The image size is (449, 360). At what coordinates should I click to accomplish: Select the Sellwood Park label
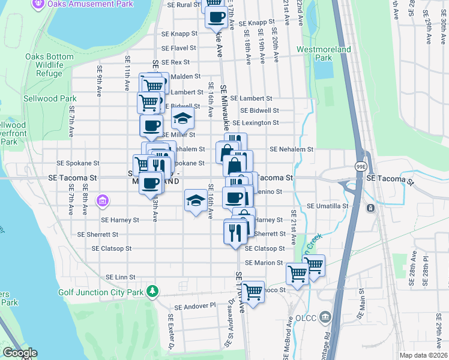coord(50,98)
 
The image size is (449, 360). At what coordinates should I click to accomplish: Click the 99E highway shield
coord(361,166)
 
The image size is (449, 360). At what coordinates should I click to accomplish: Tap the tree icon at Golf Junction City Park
coord(154,291)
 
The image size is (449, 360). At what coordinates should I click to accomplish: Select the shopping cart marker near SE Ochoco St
coord(253,292)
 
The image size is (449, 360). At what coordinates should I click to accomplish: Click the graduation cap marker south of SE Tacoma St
coord(195,200)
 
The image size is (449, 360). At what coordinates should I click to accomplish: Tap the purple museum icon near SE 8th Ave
coord(102,199)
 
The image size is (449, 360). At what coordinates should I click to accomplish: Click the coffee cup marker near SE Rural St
coord(216,16)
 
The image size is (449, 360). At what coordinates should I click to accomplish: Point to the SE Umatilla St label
coord(328,206)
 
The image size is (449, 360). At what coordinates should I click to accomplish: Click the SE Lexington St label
coord(259,122)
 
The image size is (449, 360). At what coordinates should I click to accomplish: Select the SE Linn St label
coord(121,277)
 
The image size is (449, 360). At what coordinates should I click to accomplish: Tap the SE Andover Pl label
coord(195,305)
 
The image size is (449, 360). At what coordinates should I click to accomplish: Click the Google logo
coord(19,353)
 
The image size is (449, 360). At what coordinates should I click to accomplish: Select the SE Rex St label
coord(175,62)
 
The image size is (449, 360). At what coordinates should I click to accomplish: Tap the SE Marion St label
coord(263,263)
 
